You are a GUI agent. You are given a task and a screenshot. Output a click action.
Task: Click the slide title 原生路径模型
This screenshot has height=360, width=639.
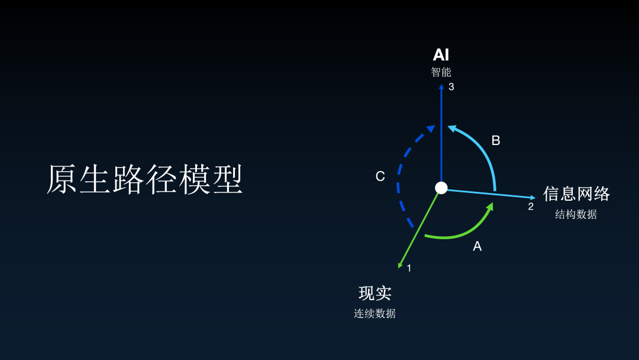point(145,179)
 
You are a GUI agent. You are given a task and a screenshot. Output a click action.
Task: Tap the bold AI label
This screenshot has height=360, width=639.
point(441,55)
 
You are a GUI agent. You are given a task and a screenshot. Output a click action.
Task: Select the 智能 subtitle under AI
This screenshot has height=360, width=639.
point(441,72)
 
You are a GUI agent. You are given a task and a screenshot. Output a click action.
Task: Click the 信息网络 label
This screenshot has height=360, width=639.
point(576,194)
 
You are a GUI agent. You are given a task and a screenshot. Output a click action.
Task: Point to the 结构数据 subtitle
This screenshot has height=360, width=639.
point(576,214)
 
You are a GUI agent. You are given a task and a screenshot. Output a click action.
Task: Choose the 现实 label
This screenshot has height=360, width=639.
point(375,293)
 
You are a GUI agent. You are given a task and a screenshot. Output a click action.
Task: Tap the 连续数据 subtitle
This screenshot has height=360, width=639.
point(375,313)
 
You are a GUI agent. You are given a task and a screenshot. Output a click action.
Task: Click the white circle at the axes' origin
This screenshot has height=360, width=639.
point(441,188)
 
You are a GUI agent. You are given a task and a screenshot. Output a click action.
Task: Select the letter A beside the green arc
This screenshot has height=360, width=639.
point(477,246)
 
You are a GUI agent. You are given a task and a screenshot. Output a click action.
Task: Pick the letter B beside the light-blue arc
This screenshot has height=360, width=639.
point(496,140)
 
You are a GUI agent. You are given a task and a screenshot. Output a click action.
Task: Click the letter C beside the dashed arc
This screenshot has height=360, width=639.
point(380,176)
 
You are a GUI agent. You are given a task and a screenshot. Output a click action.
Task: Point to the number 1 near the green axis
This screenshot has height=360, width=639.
point(409,268)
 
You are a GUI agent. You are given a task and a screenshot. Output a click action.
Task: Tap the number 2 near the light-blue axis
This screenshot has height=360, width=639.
point(531,207)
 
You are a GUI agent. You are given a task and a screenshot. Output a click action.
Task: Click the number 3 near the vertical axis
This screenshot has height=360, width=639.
point(451,87)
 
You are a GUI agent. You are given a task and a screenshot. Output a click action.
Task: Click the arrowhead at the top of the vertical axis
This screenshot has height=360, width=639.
point(441,86)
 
